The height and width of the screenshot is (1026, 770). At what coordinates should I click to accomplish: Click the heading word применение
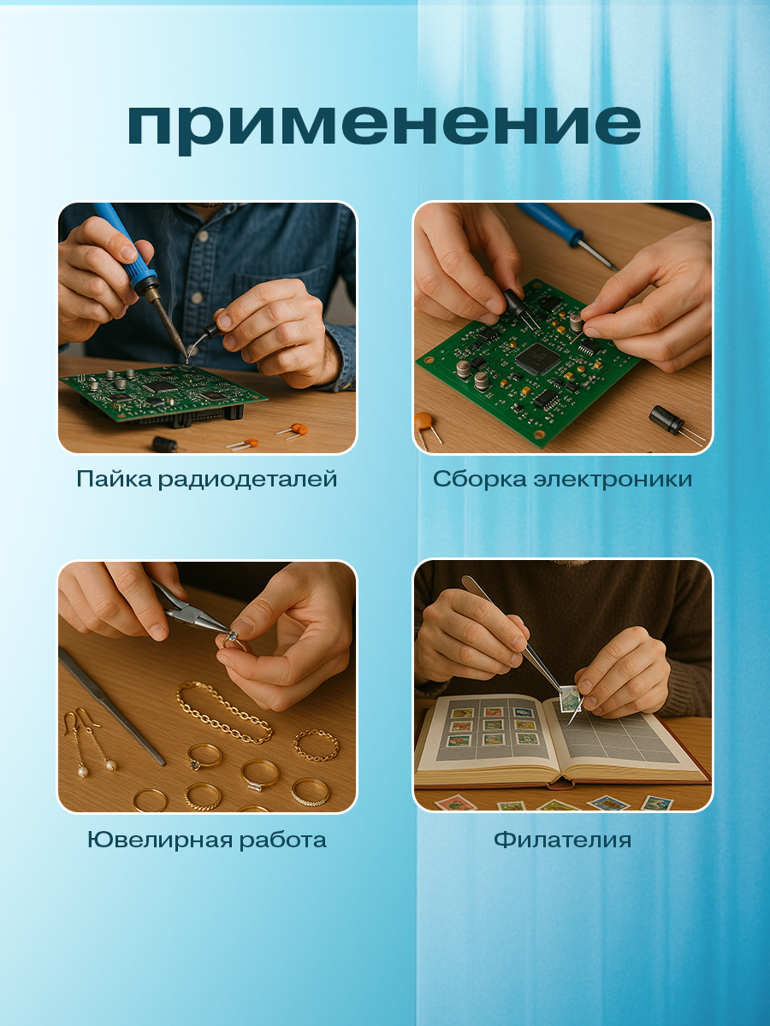(384, 125)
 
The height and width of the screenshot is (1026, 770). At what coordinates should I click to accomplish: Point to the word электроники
(612, 479)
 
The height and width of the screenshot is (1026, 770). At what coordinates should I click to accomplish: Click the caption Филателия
(562, 840)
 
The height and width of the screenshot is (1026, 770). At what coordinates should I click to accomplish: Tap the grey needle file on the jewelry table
(111, 705)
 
